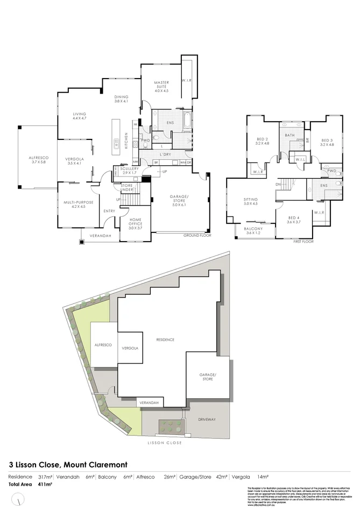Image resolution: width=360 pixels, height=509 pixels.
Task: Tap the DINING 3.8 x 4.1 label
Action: pyautogui.click(x=121, y=99)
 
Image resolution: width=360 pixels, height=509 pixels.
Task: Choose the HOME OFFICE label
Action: pyautogui.click(x=135, y=224)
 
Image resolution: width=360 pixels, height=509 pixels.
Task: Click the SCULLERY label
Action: pyautogui.click(x=130, y=171)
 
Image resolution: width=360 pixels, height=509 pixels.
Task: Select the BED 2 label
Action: pyautogui.click(x=262, y=142)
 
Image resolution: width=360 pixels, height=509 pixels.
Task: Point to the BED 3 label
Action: pyautogui.click(x=327, y=142)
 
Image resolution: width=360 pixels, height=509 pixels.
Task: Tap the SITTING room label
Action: pyautogui.click(x=251, y=202)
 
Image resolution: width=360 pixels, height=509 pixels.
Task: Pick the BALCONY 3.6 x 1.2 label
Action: pyautogui.click(x=253, y=230)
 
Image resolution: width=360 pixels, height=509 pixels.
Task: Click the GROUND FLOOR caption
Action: pyautogui.click(x=197, y=236)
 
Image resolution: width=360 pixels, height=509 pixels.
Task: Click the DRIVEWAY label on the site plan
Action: pyautogui.click(x=207, y=419)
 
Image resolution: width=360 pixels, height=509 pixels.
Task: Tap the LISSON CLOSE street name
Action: pyautogui.click(x=165, y=443)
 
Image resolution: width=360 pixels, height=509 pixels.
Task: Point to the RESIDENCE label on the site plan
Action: pyautogui.click(x=165, y=340)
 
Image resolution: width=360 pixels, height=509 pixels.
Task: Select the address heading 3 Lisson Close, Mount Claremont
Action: pyautogui.click(x=76, y=463)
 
